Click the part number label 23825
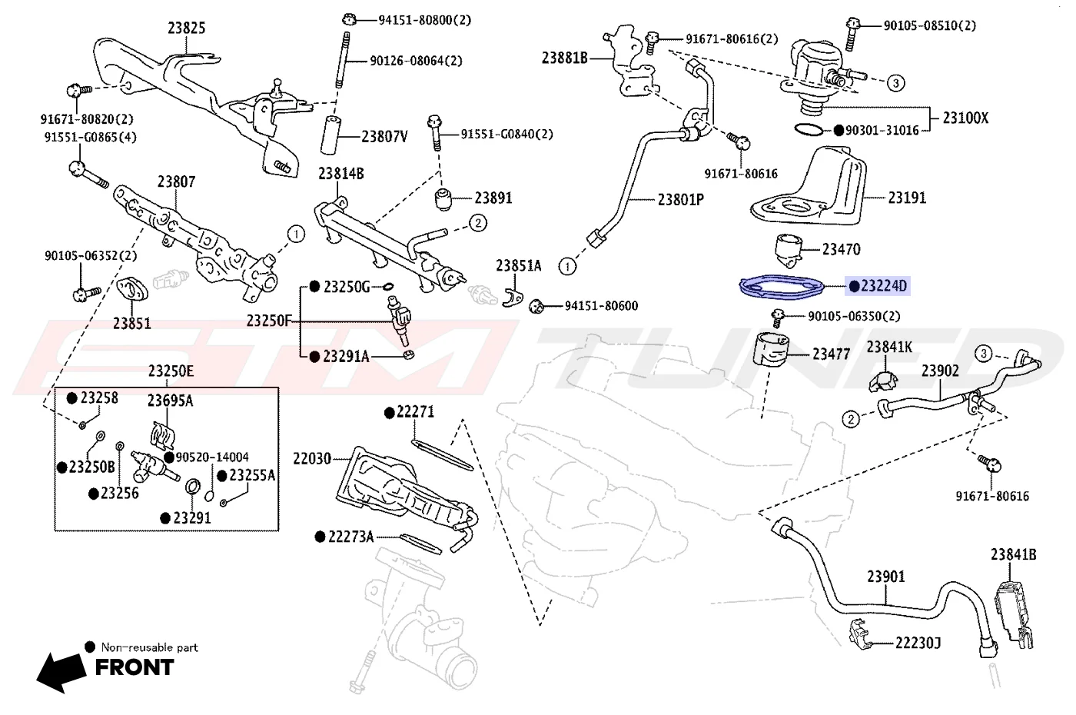186,28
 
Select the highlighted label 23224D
878,286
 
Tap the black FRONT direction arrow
61,672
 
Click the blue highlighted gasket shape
782,288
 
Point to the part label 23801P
681,199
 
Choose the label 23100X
965,118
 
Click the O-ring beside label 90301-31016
809,129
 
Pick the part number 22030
312,459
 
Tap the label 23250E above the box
171,371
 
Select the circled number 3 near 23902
983,354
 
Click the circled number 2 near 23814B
477,223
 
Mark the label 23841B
1014,554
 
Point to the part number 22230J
918,643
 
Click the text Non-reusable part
149,647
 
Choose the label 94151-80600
601,306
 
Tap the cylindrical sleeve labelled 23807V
330,135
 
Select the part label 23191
907,198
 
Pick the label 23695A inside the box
170,401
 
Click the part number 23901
885,576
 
